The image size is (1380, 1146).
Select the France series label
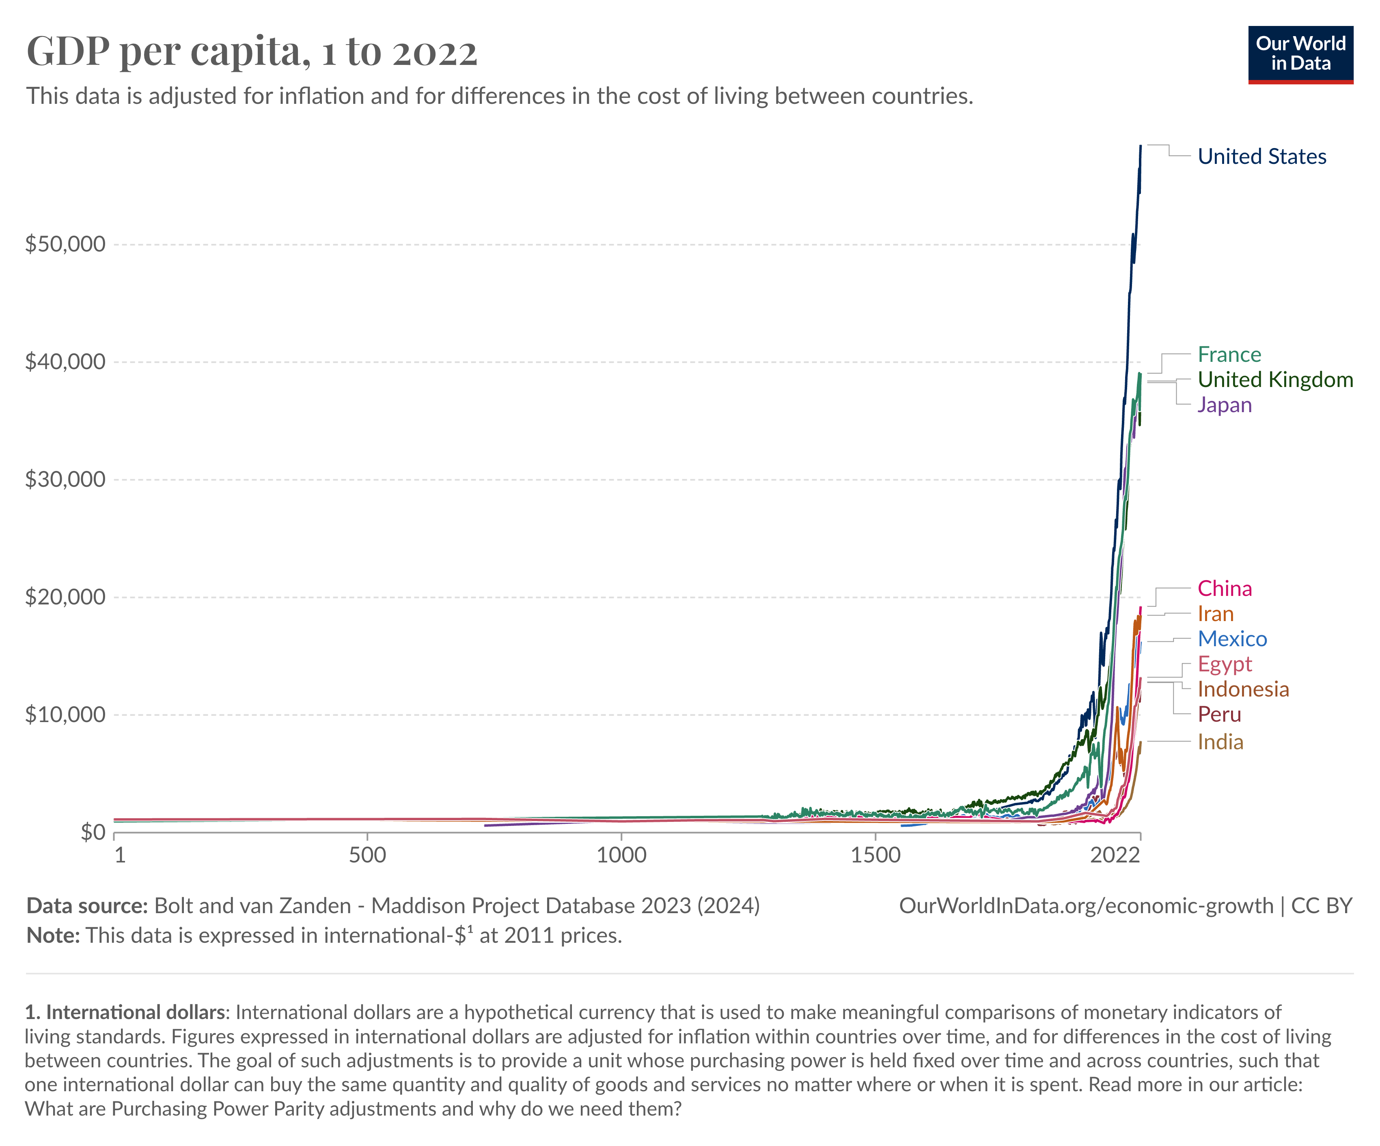[1229, 355]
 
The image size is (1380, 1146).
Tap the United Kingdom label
[1275, 380]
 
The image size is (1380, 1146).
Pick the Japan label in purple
[1224, 404]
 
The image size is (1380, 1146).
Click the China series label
[1224, 589]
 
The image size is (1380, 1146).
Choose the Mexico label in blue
[1231, 639]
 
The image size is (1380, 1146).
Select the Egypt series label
[1224, 664]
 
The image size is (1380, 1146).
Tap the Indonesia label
[1243, 689]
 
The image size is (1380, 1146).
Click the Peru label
[1219, 714]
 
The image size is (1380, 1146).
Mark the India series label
[1220, 742]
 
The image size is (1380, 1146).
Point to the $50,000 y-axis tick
[65, 244]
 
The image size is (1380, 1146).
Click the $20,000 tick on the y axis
[65, 597]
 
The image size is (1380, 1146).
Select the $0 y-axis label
[93, 832]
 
